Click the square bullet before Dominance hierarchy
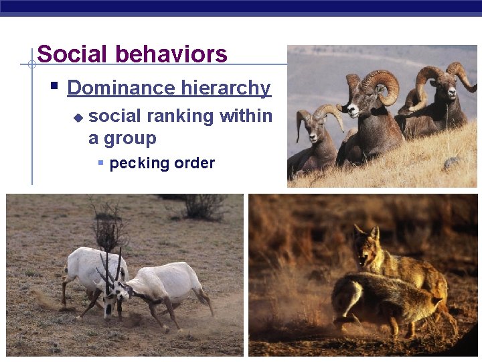click(55, 86)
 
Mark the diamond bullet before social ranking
click(78, 117)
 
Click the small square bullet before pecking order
click(100, 163)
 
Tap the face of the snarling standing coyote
click(366, 244)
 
